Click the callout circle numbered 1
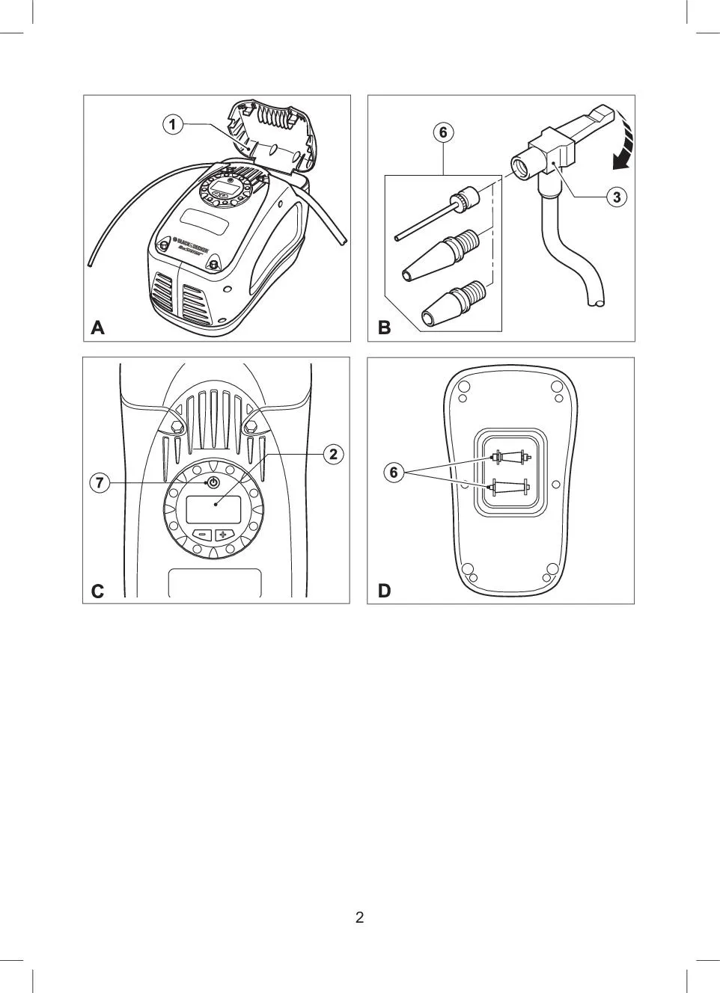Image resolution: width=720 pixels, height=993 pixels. coord(173,124)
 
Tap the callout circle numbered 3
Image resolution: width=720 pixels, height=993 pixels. coord(616,197)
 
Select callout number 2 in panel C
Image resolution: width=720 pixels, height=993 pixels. coord(334,453)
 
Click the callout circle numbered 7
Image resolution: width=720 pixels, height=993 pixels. coord(99,483)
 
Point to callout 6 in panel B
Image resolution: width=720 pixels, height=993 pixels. coord(443,132)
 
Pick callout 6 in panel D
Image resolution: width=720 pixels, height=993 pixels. coord(394,472)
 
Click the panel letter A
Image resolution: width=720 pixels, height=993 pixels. coord(97,328)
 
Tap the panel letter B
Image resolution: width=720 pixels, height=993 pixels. coord(384,328)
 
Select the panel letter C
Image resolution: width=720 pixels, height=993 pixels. coord(97,591)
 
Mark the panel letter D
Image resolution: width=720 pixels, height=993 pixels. coord(384,591)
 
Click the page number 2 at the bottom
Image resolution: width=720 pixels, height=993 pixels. coord(360,917)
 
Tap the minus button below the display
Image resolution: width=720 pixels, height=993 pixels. coord(202,535)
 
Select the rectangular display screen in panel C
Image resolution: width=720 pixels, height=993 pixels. coord(213,509)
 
